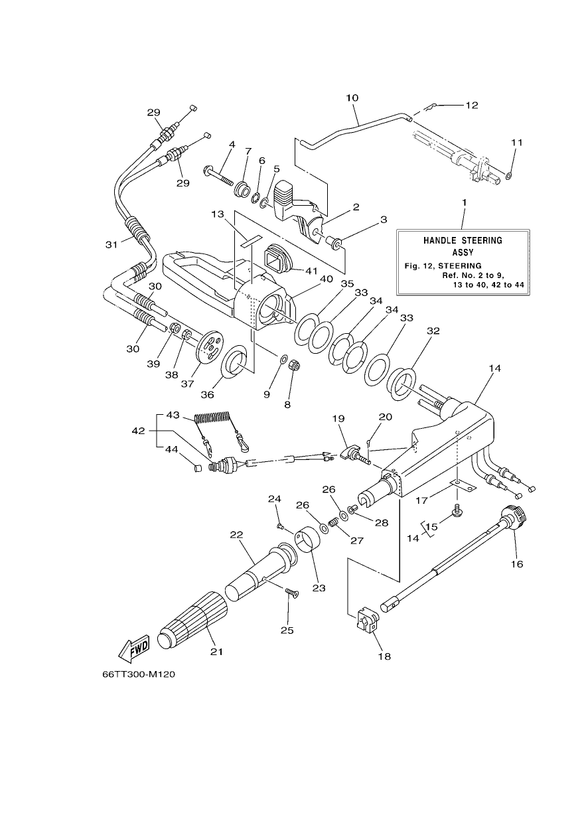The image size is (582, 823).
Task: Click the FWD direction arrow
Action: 134,649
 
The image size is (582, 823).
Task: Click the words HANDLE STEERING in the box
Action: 463,241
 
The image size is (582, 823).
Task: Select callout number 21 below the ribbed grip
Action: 217,651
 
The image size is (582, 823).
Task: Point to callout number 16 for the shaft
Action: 517,563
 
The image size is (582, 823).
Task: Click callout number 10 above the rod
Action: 352,98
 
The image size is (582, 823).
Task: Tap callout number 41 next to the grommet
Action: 311,271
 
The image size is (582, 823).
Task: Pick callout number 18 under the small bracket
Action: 385,656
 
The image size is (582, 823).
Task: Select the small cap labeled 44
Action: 198,468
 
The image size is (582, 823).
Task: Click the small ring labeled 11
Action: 508,177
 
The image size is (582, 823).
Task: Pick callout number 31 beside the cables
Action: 111,244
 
